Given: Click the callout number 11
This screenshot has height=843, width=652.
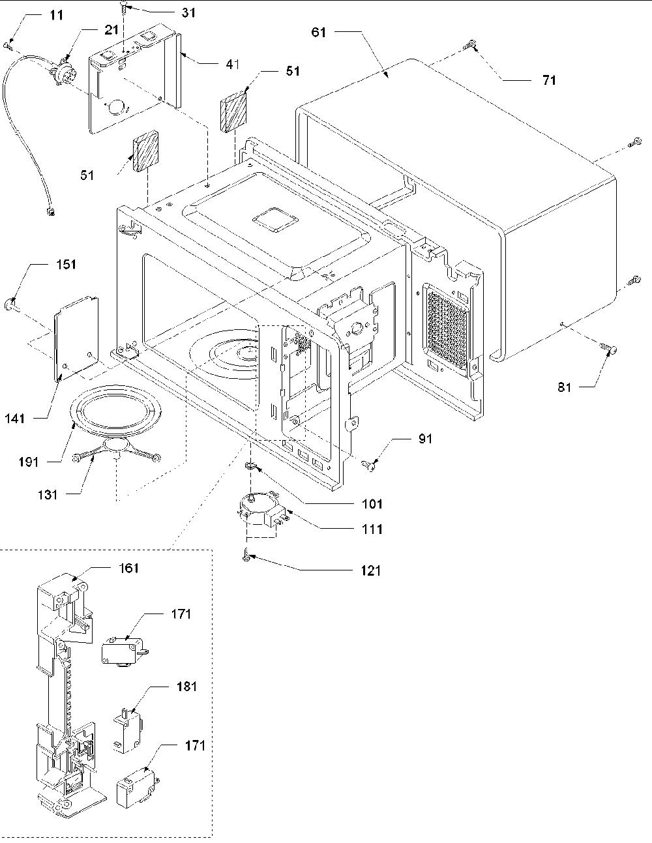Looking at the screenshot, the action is pos(57,16).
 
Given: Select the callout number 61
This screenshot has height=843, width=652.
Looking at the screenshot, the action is pos(319,32).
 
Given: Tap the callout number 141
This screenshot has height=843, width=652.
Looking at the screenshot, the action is pos(15,418).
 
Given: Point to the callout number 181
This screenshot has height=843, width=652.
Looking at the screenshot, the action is pos(186,687).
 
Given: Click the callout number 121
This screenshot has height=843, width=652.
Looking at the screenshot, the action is pos(371,570).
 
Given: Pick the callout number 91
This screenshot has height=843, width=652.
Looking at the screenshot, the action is pos(425,438).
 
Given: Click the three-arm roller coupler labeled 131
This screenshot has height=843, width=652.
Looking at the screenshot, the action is pos(116,450).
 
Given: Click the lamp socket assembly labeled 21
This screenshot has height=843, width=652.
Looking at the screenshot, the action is pos(62,72).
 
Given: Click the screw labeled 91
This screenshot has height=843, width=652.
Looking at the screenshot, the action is pos(369,465).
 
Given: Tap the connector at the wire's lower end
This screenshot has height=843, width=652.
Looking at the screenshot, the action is pos(50,211).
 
